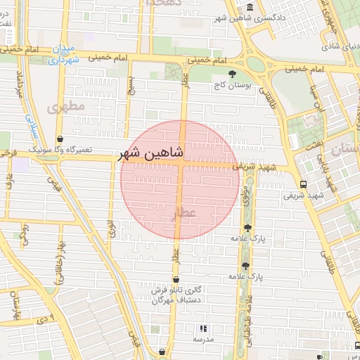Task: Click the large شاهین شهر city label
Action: (153, 153)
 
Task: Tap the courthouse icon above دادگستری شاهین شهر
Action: (251, 7)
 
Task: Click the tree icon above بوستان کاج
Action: (232, 73)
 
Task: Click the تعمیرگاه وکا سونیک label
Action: (60, 150)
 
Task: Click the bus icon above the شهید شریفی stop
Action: (302, 184)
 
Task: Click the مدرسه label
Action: (203, 339)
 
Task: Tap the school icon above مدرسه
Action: (203, 328)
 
